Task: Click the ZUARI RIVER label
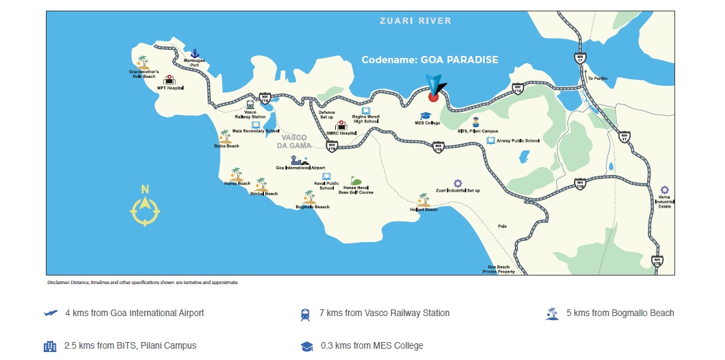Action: pyautogui.click(x=415, y=21)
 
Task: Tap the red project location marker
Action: pyautogui.click(x=433, y=96)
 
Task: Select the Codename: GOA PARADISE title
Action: pyautogui.click(x=429, y=60)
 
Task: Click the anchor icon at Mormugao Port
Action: pyautogui.click(x=195, y=53)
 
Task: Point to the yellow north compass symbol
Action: pyautogui.click(x=145, y=206)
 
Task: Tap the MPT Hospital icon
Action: pyautogui.click(x=169, y=80)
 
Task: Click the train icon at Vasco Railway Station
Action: pyautogui.click(x=250, y=104)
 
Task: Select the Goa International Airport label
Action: pyautogui.click(x=300, y=168)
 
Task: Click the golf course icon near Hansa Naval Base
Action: pyautogui.click(x=357, y=181)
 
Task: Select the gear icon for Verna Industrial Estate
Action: pyautogui.click(x=664, y=190)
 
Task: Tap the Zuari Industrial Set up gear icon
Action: pyautogui.click(x=458, y=183)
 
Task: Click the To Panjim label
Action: pyautogui.click(x=597, y=79)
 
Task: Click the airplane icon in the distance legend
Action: pyautogui.click(x=50, y=313)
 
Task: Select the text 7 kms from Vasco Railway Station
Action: pyautogui.click(x=384, y=313)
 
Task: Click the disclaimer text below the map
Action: pyautogui.click(x=142, y=282)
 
